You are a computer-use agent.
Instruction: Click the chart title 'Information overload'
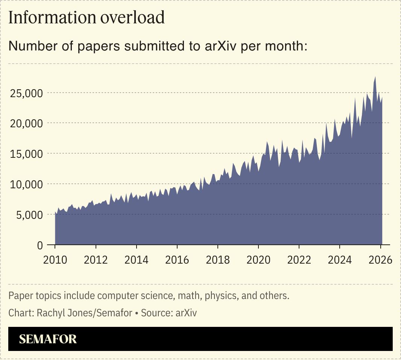coord(87,18)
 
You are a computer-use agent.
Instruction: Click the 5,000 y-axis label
coord(29,215)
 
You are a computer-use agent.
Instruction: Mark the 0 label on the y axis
coord(40,245)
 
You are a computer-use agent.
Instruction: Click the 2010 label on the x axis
coord(55,260)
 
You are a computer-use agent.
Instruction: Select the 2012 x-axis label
coord(96,260)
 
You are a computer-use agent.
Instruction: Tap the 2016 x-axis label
coord(177,260)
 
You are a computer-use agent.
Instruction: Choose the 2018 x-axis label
coord(218,260)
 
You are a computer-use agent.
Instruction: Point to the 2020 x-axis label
coord(258,260)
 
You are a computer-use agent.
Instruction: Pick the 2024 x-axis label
coord(340,260)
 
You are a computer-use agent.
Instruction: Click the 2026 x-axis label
coord(380,260)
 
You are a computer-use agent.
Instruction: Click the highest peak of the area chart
coord(375,77)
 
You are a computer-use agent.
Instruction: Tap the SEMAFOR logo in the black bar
coord(48,339)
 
